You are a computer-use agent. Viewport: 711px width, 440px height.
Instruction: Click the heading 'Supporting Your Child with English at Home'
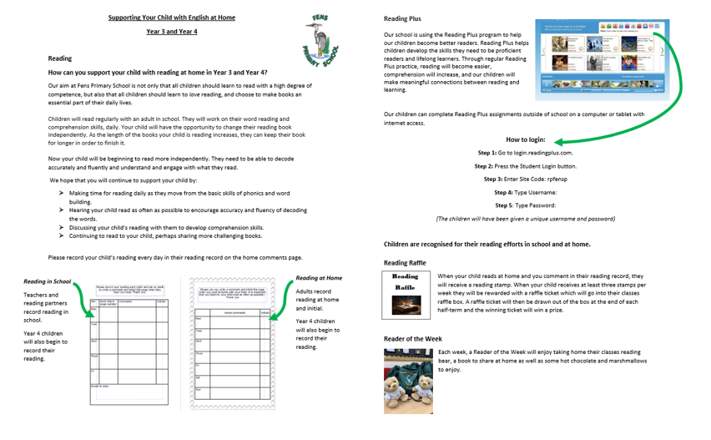click(172, 17)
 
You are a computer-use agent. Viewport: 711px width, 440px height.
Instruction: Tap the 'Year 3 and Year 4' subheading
click(172, 32)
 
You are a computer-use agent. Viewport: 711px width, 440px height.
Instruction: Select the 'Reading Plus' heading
click(401, 18)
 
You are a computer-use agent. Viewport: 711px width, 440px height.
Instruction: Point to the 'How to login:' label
click(526, 140)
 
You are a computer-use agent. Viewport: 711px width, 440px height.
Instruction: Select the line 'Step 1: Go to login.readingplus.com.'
click(526, 154)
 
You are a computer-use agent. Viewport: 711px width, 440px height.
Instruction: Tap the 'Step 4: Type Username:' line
click(526, 193)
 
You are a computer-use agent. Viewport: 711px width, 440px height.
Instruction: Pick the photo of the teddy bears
click(409, 380)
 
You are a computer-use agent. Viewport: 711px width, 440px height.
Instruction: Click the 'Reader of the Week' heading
click(412, 339)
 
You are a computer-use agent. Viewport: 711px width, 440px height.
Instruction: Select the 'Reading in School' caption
click(48, 282)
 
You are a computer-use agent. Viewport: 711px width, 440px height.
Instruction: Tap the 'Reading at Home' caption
click(319, 277)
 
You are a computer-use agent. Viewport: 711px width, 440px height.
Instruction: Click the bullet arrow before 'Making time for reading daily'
click(62, 193)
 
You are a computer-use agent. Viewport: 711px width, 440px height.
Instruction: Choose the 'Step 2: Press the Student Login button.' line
click(526, 166)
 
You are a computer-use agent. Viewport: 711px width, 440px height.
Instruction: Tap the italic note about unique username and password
click(526, 219)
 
